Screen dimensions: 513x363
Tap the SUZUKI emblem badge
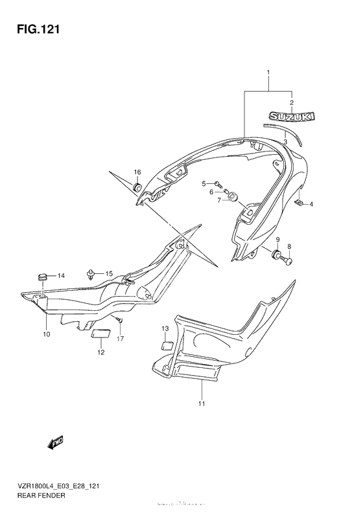(292, 117)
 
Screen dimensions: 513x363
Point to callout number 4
(311, 205)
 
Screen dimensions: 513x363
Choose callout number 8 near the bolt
(290, 246)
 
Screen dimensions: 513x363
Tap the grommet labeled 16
(137, 188)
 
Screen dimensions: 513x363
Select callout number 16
(137, 172)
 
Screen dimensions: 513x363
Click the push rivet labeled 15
(91, 275)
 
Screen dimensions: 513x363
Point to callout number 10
(46, 334)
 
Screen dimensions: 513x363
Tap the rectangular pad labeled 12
(100, 334)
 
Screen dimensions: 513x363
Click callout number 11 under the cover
(202, 404)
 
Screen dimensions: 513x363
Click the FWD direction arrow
(54, 443)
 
